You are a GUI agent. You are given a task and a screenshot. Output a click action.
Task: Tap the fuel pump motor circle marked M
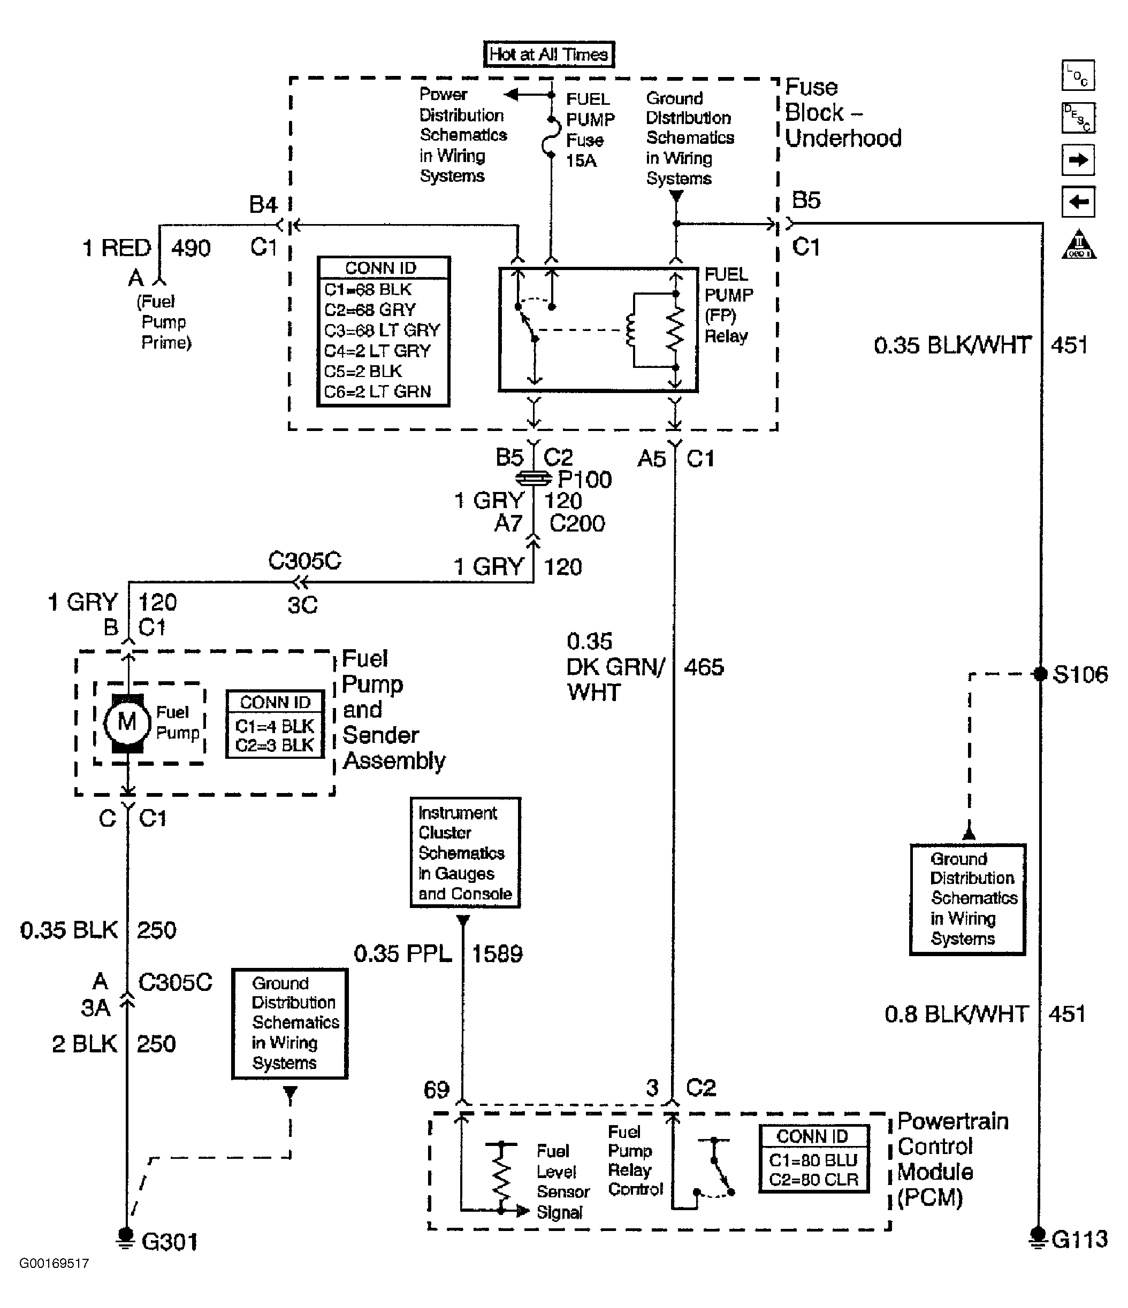[x=127, y=721]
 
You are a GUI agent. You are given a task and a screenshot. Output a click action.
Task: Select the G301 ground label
[x=170, y=1242]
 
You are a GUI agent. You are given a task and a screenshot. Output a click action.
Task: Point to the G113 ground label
[x=1079, y=1239]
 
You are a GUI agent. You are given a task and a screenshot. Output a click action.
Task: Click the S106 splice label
[x=1080, y=674]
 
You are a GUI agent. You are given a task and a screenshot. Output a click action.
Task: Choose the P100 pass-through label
[x=585, y=480]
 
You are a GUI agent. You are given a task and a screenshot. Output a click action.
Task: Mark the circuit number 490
[x=190, y=248]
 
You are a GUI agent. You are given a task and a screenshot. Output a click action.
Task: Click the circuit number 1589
[x=497, y=953]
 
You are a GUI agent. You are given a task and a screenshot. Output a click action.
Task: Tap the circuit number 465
[x=704, y=667]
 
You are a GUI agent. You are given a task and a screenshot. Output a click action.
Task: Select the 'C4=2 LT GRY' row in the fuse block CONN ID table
[x=377, y=350]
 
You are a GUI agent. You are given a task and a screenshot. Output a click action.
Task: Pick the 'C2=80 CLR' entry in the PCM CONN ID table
[x=813, y=1179]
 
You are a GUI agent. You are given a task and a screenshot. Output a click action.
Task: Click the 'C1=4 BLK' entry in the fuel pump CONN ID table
[x=274, y=726]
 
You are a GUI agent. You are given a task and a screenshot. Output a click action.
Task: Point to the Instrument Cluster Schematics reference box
[x=466, y=853]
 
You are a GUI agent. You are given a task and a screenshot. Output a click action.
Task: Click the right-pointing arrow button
[x=1078, y=160]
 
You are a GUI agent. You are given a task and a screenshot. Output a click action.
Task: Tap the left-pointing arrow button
[x=1078, y=202]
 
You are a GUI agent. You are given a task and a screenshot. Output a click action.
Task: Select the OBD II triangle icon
[x=1079, y=244]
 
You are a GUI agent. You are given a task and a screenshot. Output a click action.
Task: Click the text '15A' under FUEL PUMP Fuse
[x=581, y=160]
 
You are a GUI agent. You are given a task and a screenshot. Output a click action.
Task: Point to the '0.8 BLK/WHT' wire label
[x=956, y=1014]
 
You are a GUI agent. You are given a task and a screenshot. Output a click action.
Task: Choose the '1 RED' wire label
[x=117, y=248]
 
